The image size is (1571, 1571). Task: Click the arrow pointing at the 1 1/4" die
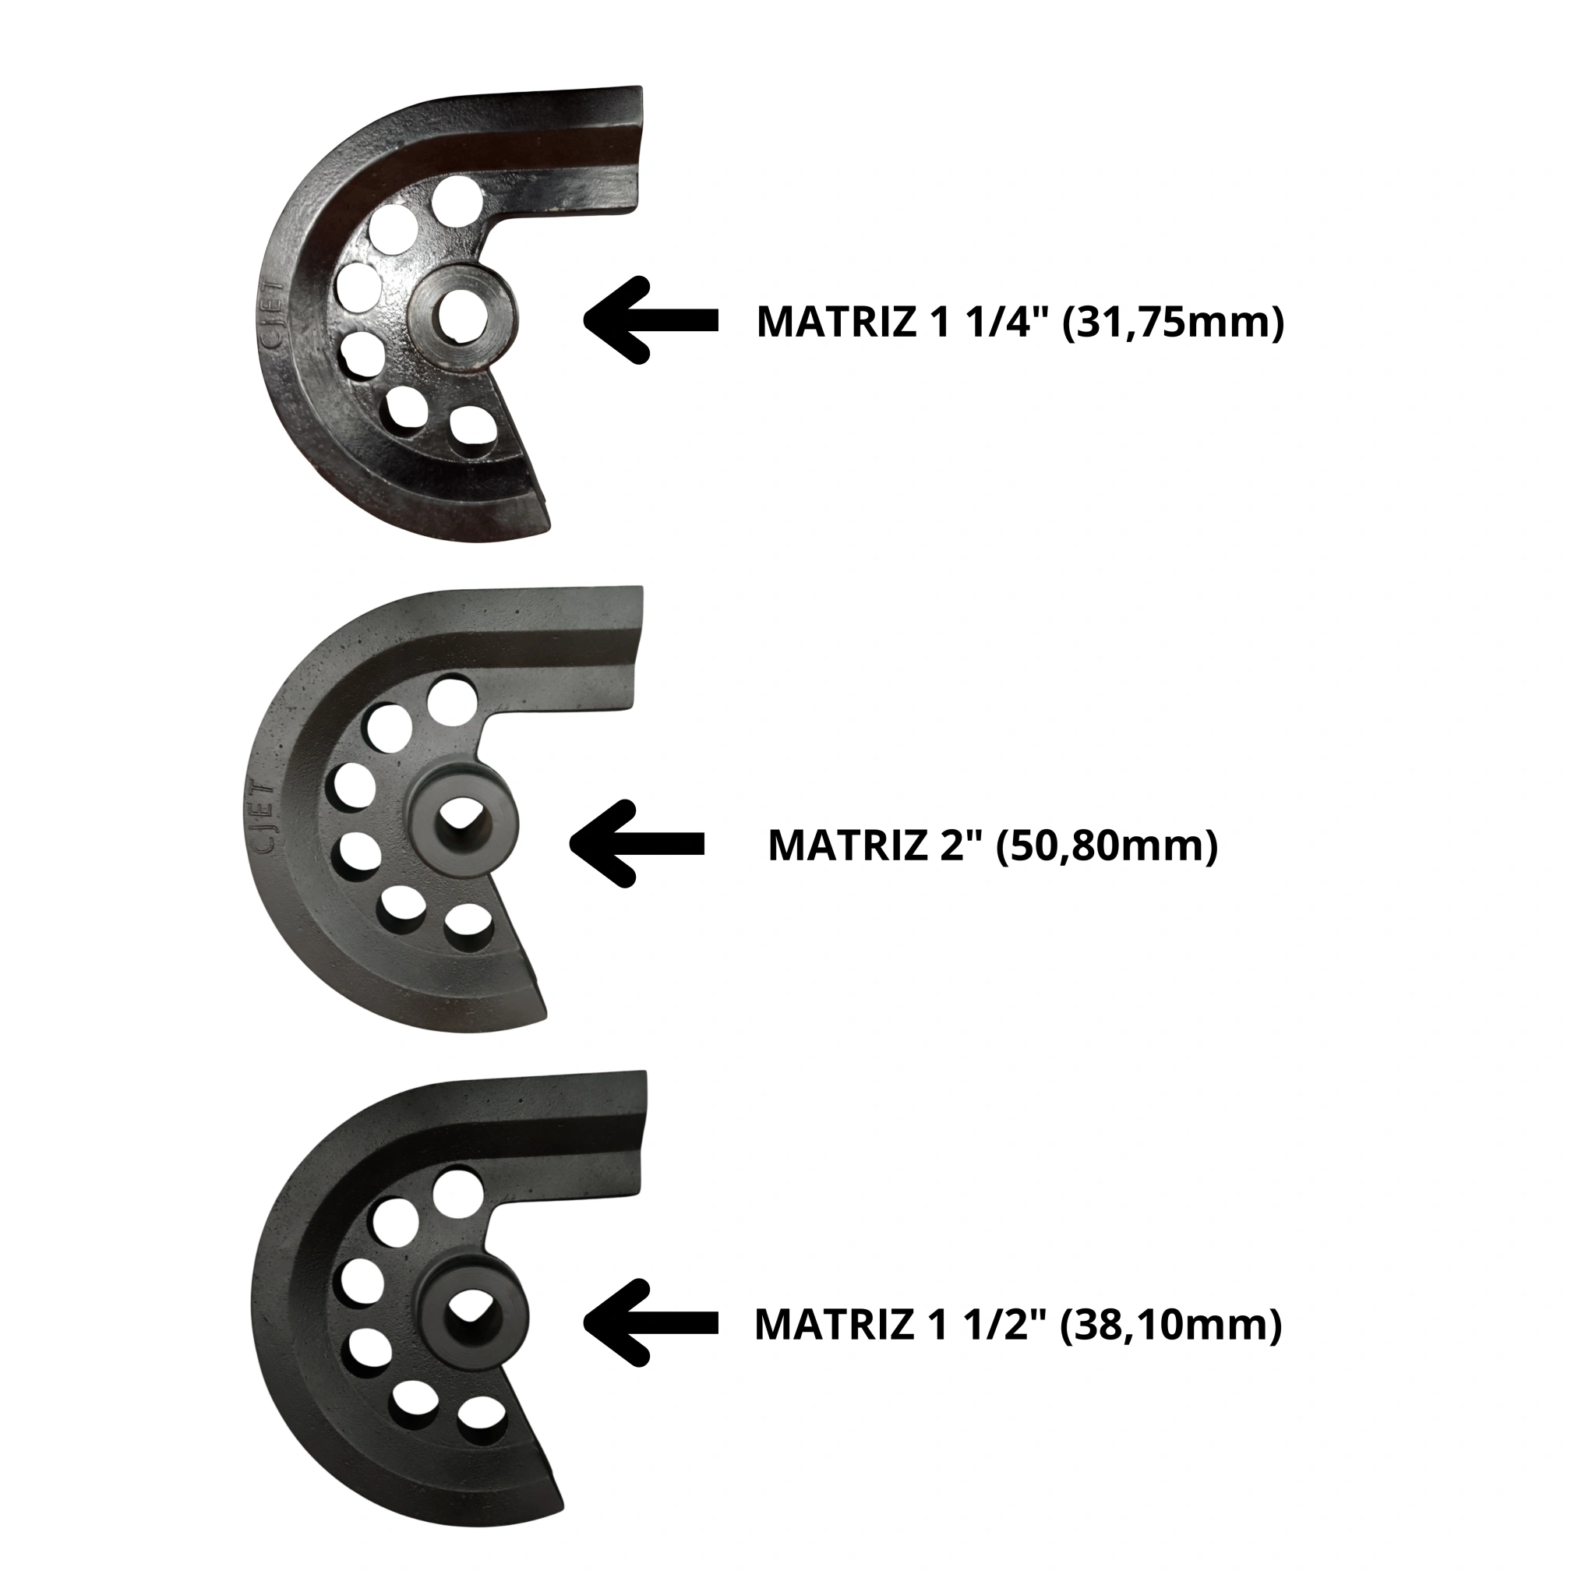tap(651, 320)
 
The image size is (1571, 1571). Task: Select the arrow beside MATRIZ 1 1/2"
tap(651, 1324)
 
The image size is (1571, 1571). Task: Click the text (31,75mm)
tap(1173, 322)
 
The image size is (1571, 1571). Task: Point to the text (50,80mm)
tap(1107, 846)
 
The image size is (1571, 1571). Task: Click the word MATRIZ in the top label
tap(837, 322)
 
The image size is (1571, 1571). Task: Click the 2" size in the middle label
tap(958, 846)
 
